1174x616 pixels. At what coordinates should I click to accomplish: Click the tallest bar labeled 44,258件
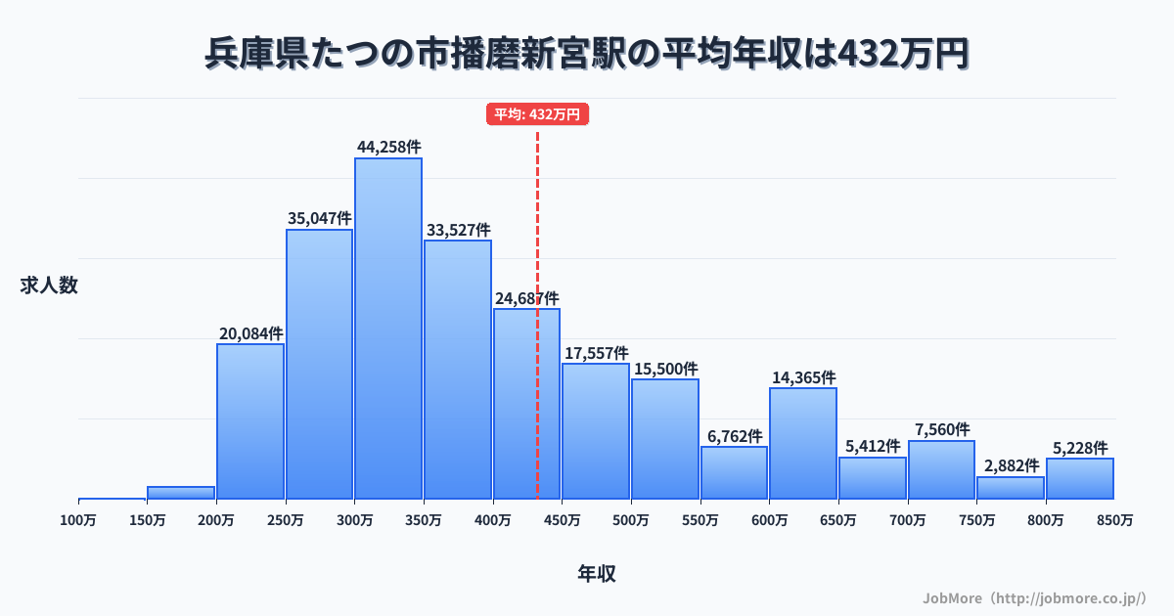(388, 329)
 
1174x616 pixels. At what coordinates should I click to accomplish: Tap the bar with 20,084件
(250, 421)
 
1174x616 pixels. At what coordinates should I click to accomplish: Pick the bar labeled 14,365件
(803, 443)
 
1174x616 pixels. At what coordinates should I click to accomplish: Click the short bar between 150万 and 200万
(181, 493)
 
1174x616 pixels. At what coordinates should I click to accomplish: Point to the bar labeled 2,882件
(1011, 488)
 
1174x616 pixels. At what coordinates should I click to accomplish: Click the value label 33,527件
(458, 231)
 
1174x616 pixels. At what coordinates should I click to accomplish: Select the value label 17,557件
(596, 353)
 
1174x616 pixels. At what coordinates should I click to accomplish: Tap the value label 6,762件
(734, 436)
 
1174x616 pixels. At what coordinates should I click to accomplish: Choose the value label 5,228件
(1080, 448)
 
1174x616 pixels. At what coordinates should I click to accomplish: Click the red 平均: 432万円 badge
(537, 114)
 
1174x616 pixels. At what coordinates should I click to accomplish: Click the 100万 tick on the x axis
(78, 520)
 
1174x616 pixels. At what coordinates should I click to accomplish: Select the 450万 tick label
(562, 520)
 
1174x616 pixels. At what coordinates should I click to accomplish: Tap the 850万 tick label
(1115, 520)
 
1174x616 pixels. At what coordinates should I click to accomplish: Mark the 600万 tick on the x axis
(770, 520)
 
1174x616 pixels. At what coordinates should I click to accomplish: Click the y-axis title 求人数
(49, 286)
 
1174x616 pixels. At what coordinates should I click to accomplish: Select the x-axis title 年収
(596, 574)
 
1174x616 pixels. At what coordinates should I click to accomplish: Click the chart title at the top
(587, 54)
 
